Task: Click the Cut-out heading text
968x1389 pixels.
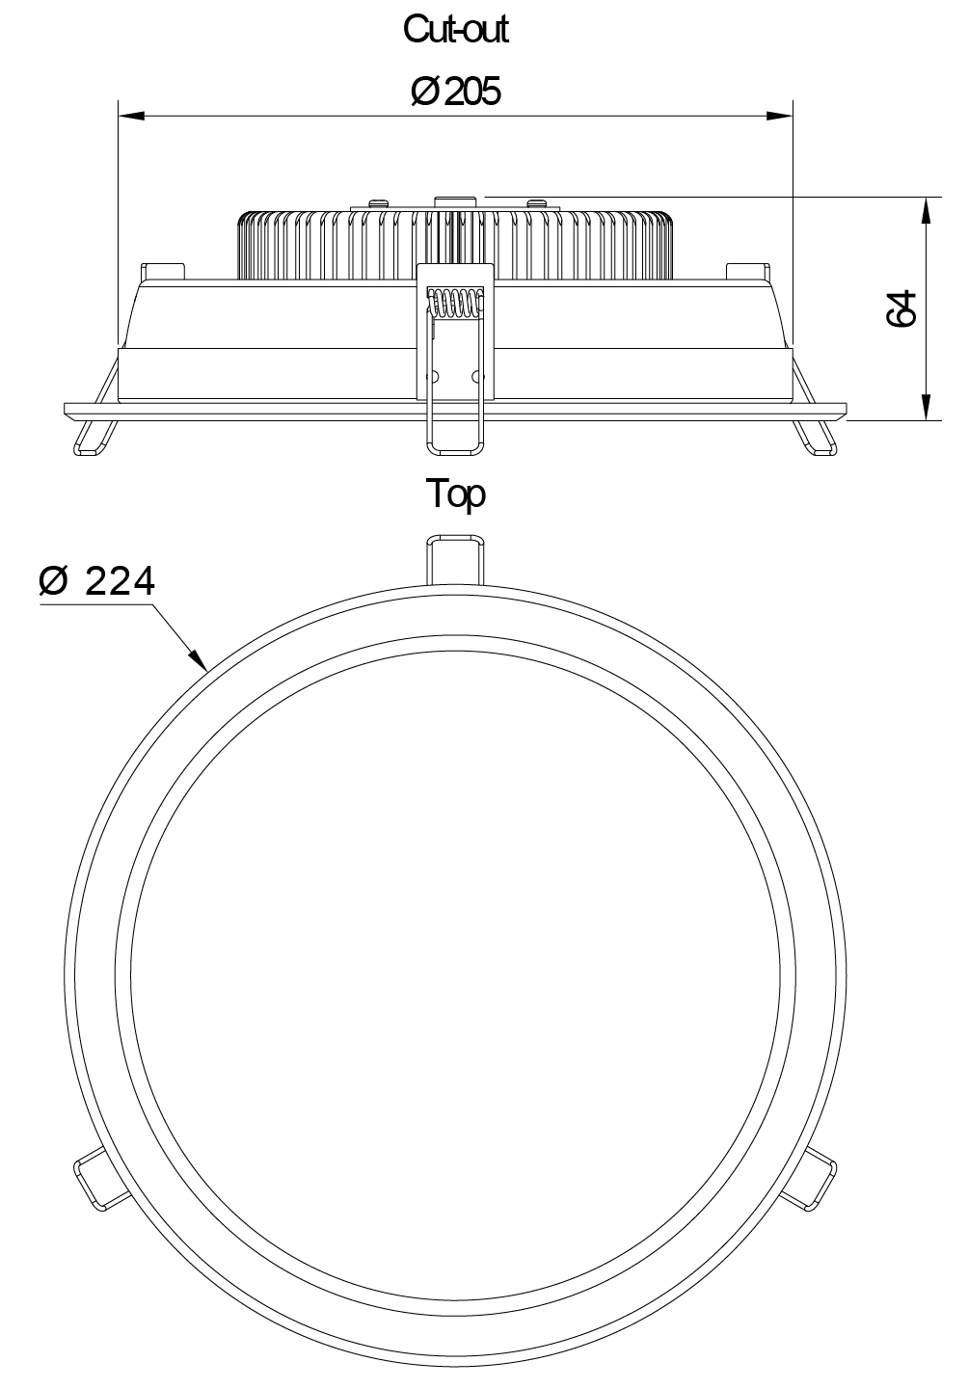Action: [x=456, y=29]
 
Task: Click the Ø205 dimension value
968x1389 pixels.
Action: [x=456, y=92]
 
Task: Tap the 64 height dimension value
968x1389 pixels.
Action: [x=901, y=308]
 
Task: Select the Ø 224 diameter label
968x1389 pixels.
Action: [x=96, y=581]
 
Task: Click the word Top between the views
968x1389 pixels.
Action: [x=456, y=495]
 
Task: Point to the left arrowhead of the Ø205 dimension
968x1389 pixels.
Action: [x=131, y=116]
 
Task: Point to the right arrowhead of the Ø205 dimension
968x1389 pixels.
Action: [x=779, y=116]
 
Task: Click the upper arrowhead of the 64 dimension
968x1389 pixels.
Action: [x=927, y=211]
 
